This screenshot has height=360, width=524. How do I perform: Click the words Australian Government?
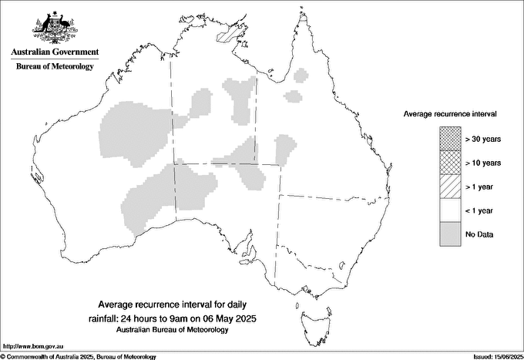pyautogui.click(x=54, y=52)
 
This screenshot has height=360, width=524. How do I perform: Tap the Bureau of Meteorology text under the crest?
pyautogui.click(x=54, y=66)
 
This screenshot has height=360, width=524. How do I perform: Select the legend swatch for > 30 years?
pyautogui.click(x=450, y=140)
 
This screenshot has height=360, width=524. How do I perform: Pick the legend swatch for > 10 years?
pyautogui.click(x=450, y=163)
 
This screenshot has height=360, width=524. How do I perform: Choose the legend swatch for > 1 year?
pyautogui.click(x=450, y=187)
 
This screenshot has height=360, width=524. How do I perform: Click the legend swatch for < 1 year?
pyautogui.click(x=450, y=210)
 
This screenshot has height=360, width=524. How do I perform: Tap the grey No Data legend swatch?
pyautogui.click(x=450, y=234)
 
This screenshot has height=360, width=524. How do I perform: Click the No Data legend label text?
pyautogui.click(x=480, y=234)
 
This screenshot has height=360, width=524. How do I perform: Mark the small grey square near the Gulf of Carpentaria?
pyautogui.click(x=292, y=96)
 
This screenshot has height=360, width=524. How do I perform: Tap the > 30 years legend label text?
pyautogui.click(x=483, y=140)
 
